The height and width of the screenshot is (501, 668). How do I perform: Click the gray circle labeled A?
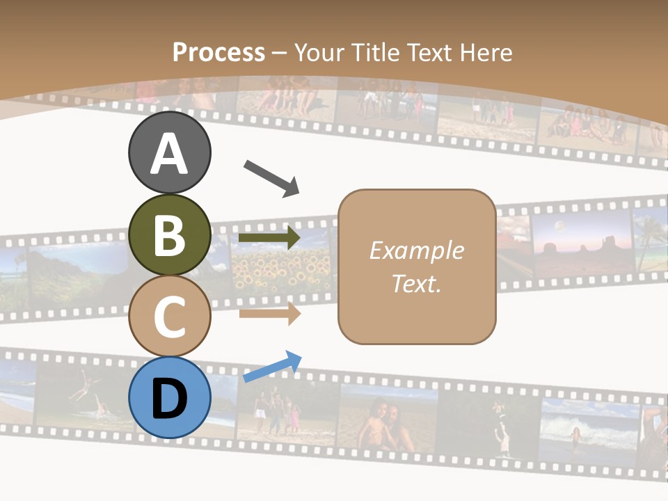(x=170, y=153)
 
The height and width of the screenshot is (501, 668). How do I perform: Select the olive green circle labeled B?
(x=170, y=235)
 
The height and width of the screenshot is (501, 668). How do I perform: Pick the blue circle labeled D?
(x=170, y=397)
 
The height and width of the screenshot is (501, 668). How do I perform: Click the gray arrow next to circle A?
(x=271, y=177)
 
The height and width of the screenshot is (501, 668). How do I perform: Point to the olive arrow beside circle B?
(x=269, y=238)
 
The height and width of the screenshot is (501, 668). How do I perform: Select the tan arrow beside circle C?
(x=269, y=313)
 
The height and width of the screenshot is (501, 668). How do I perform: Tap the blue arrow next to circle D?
(x=272, y=367)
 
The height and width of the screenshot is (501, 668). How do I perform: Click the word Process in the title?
(x=218, y=52)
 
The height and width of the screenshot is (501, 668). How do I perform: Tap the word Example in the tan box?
(x=416, y=250)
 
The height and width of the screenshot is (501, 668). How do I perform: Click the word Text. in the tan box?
(x=416, y=283)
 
